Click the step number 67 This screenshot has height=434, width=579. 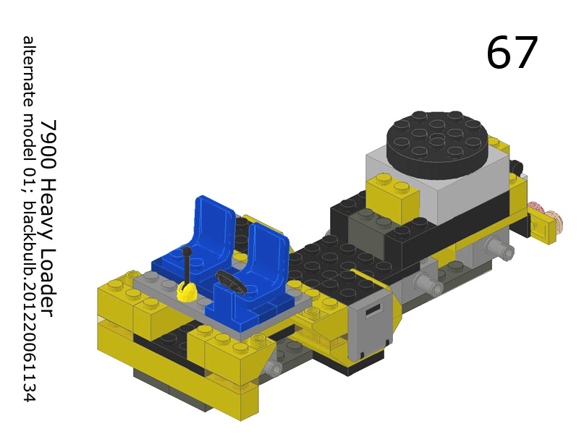pyautogui.click(x=512, y=53)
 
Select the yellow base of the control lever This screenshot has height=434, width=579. pyautogui.click(x=187, y=291)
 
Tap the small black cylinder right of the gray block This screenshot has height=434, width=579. pyautogui.click(x=515, y=168)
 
